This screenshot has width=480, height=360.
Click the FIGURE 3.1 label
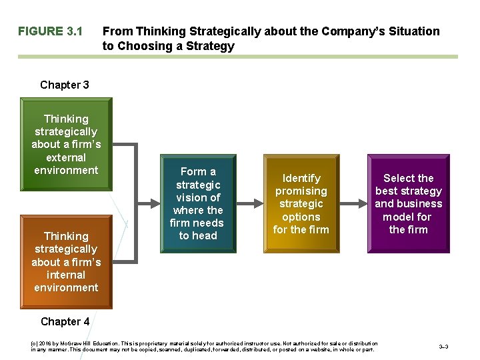50,31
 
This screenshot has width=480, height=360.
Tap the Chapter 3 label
65,85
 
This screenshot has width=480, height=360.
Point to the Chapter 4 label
65,321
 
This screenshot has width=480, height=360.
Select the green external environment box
66,144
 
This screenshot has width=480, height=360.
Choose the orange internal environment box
66,261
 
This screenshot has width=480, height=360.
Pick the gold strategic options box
301,203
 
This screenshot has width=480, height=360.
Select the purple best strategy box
408,203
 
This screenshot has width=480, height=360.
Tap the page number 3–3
443,347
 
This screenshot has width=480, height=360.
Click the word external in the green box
66,157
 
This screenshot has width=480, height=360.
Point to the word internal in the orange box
66,275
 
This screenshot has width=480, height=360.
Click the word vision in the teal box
189,197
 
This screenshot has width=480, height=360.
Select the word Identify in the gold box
301,178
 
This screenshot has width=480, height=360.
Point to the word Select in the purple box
399,178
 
